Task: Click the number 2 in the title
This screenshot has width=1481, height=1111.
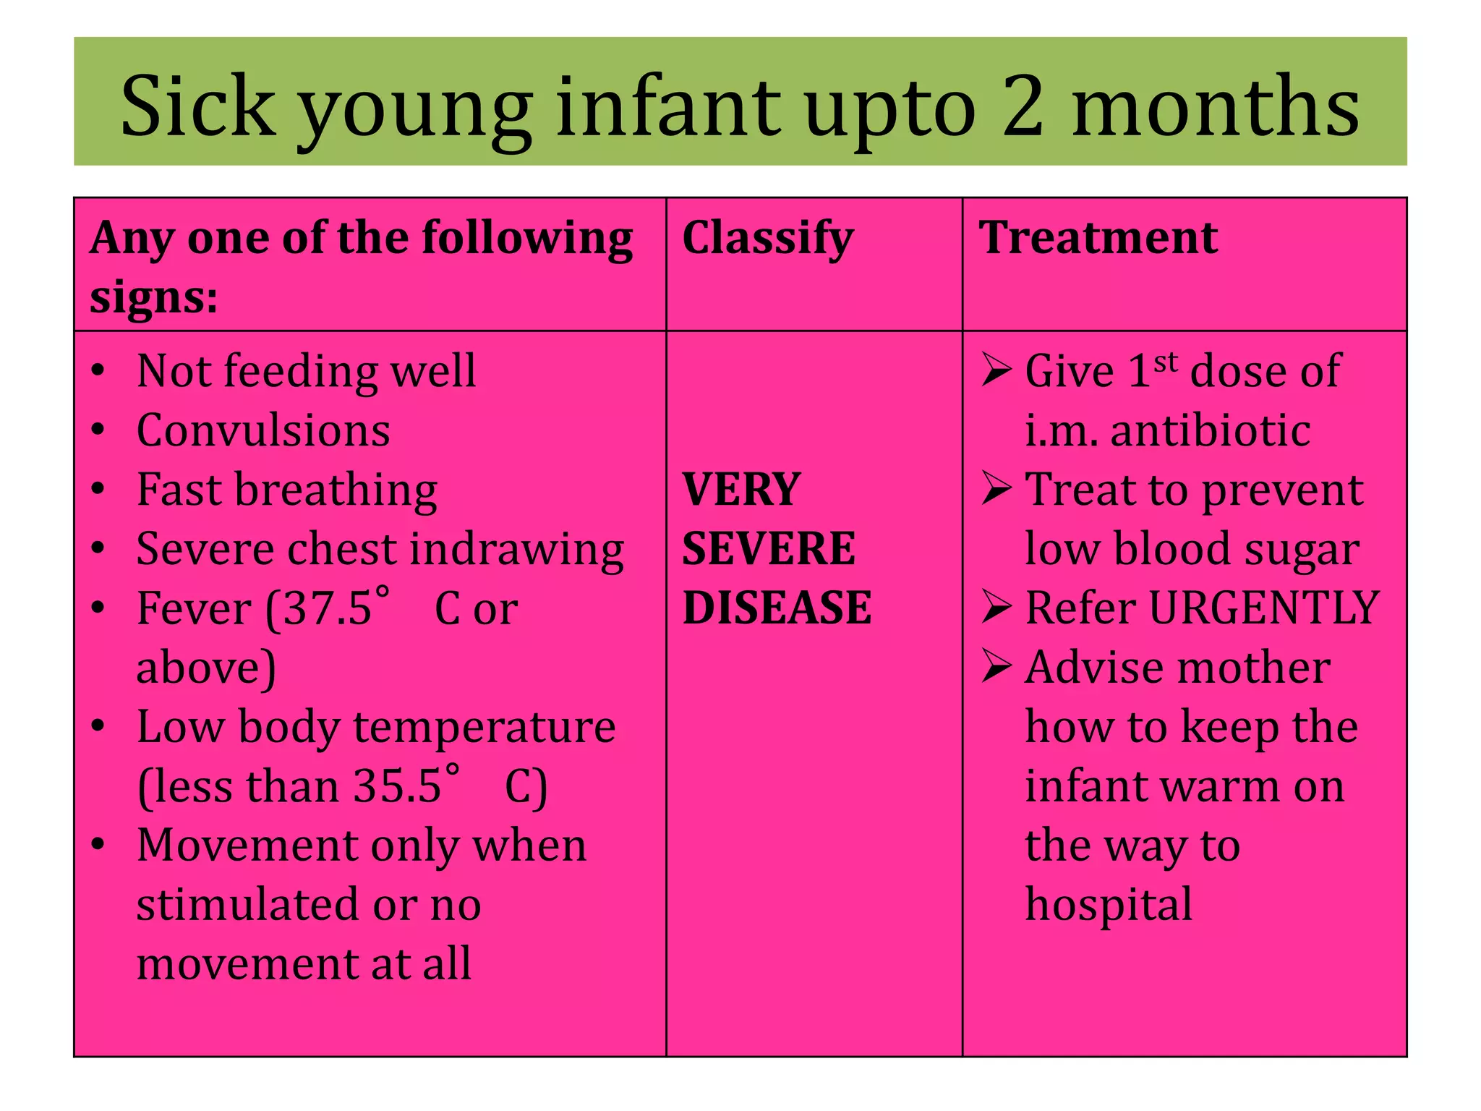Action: [x=1023, y=107]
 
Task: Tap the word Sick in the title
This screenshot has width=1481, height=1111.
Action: [x=198, y=107]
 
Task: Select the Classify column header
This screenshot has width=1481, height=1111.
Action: [x=768, y=238]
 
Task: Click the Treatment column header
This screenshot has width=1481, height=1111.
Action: [x=1098, y=238]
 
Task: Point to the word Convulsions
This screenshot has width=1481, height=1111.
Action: [x=263, y=431]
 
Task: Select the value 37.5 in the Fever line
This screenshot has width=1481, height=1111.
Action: [x=328, y=609]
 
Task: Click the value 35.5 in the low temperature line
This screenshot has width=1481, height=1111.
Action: [x=397, y=786]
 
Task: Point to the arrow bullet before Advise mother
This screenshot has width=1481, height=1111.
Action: [x=996, y=666]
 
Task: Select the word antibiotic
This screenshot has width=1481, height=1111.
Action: [x=1211, y=431]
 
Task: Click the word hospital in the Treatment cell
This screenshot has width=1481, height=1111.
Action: [x=1109, y=905]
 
